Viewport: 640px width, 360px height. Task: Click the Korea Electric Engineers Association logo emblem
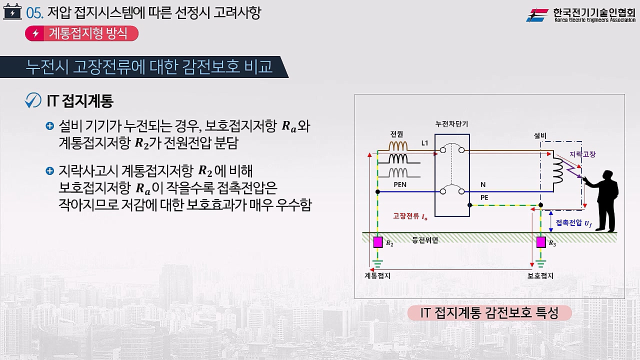537,15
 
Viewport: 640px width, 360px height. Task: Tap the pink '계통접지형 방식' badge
81,33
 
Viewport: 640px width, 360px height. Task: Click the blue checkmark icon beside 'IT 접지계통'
33,100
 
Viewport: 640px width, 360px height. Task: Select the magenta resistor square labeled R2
378,242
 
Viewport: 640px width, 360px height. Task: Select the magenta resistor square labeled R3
540,242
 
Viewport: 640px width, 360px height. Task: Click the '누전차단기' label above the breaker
451,124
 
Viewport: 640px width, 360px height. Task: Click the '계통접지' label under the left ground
377,275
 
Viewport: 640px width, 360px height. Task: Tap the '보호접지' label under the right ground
540,275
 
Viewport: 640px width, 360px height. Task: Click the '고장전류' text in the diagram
404,216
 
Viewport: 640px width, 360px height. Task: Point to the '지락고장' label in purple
582,154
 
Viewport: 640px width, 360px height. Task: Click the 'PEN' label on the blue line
400,185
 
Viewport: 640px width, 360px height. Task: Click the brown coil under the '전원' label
398,145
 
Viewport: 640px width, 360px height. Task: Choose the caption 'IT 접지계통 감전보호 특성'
489,313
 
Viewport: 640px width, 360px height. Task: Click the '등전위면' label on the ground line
425,240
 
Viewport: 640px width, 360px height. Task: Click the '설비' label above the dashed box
540,135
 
